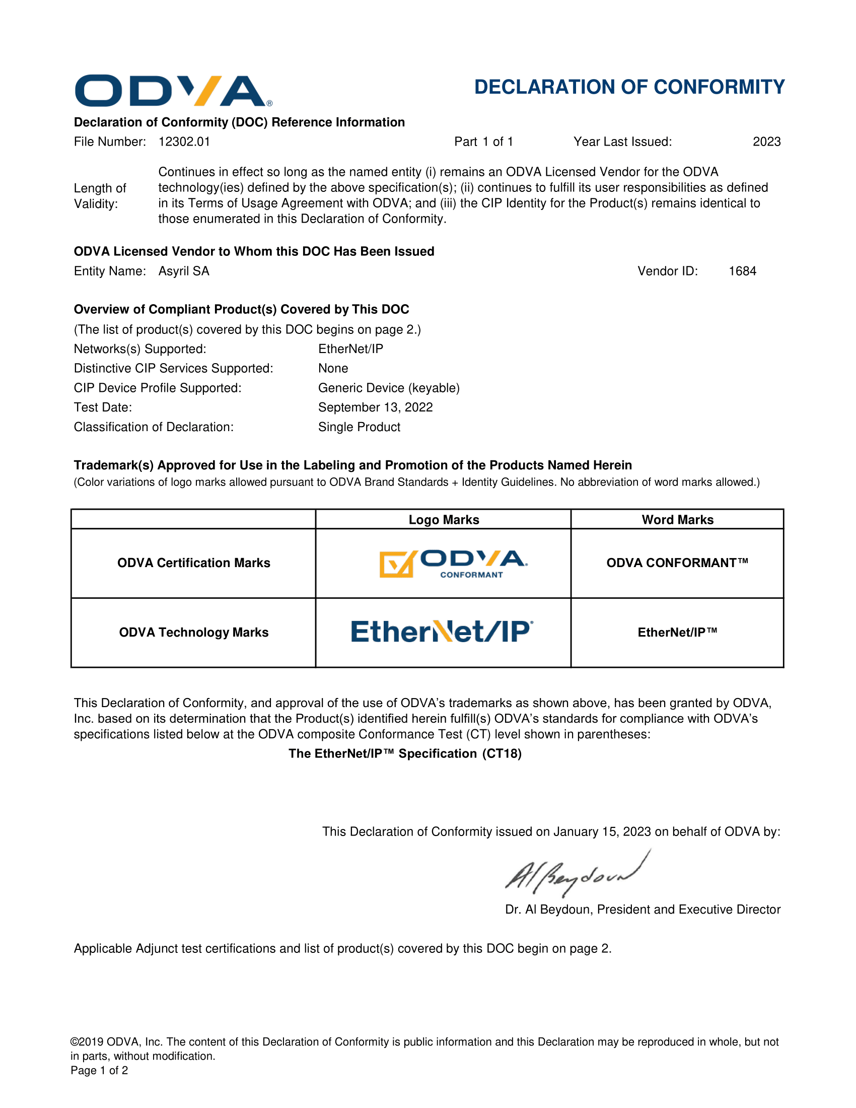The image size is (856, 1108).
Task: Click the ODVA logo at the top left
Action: (x=173, y=91)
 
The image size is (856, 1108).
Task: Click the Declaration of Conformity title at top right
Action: (x=629, y=87)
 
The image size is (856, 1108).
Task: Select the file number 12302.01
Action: (x=184, y=142)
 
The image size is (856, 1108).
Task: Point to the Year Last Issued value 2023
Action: (x=766, y=142)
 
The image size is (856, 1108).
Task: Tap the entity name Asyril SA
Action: (x=184, y=271)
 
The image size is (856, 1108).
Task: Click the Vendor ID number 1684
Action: (x=742, y=271)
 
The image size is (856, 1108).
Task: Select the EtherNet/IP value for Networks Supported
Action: (x=350, y=349)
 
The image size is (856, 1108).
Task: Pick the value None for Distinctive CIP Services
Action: (x=333, y=368)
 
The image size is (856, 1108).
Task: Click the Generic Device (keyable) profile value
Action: (x=388, y=388)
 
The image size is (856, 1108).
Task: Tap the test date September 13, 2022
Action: (x=375, y=407)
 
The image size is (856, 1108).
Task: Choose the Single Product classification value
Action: (x=359, y=427)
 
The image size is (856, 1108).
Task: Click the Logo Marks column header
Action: (x=444, y=520)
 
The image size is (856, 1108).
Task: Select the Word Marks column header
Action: (x=677, y=520)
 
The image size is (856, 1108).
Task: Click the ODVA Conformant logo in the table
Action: (x=453, y=564)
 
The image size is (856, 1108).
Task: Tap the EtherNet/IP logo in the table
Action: (x=442, y=632)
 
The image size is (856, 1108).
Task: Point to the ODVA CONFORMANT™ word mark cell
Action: (x=677, y=563)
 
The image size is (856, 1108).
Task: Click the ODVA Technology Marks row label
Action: (x=194, y=633)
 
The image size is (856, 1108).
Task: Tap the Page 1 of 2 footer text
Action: (x=99, y=1070)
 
